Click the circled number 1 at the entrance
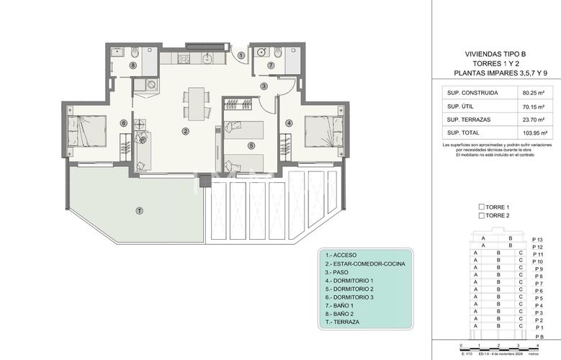tap(241, 55)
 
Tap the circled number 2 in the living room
tap(186, 131)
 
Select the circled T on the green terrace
tap(139, 210)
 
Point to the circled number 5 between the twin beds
tap(251, 145)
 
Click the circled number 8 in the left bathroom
tap(133, 66)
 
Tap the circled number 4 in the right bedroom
tap(289, 123)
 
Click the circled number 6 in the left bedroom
tap(124, 123)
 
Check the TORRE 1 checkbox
tap(482, 207)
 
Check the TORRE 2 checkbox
tap(482, 215)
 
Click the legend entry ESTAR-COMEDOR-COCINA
tap(364, 264)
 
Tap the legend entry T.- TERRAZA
tap(343, 322)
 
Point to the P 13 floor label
tap(537, 239)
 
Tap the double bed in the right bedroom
tap(323, 132)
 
